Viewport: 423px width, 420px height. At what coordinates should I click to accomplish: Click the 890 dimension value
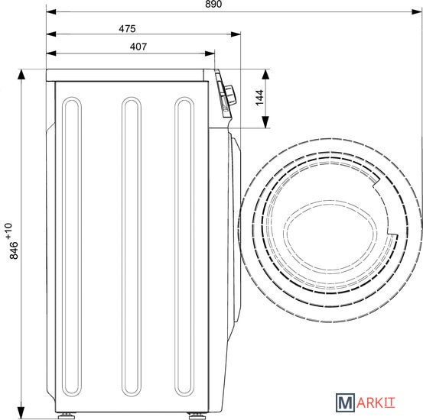(x=213, y=4)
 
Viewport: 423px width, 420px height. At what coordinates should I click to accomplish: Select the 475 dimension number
(x=127, y=28)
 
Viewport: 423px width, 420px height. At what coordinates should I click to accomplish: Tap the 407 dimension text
(x=138, y=47)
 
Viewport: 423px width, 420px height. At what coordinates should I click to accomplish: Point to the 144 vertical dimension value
(x=259, y=98)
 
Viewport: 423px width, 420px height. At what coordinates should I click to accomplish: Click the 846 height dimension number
(x=14, y=250)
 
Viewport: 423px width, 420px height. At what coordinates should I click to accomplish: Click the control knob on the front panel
(x=230, y=94)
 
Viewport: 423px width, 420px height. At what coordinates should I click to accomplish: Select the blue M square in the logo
(x=345, y=402)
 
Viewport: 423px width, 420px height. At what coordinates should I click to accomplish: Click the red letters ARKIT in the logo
(x=376, y=403)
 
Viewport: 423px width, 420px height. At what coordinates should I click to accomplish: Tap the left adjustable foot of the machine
(x=64, y=415)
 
